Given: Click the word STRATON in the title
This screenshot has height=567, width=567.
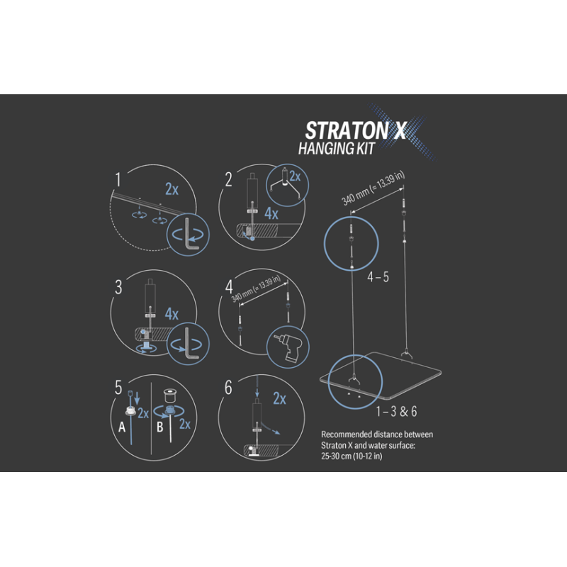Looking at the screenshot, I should click(345, 131).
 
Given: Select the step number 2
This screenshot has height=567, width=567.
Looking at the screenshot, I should click(228, 180).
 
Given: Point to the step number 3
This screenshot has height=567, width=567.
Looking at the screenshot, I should click(119, 288).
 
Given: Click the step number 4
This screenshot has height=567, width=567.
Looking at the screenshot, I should click(229, 288).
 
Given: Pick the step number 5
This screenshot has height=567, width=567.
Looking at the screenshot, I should click(118, 388).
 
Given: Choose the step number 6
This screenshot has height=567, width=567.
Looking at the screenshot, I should click(228, 388).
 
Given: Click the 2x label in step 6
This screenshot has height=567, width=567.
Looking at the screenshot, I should click(279, 400).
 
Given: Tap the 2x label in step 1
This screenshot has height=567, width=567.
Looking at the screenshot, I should click(172, 189).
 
